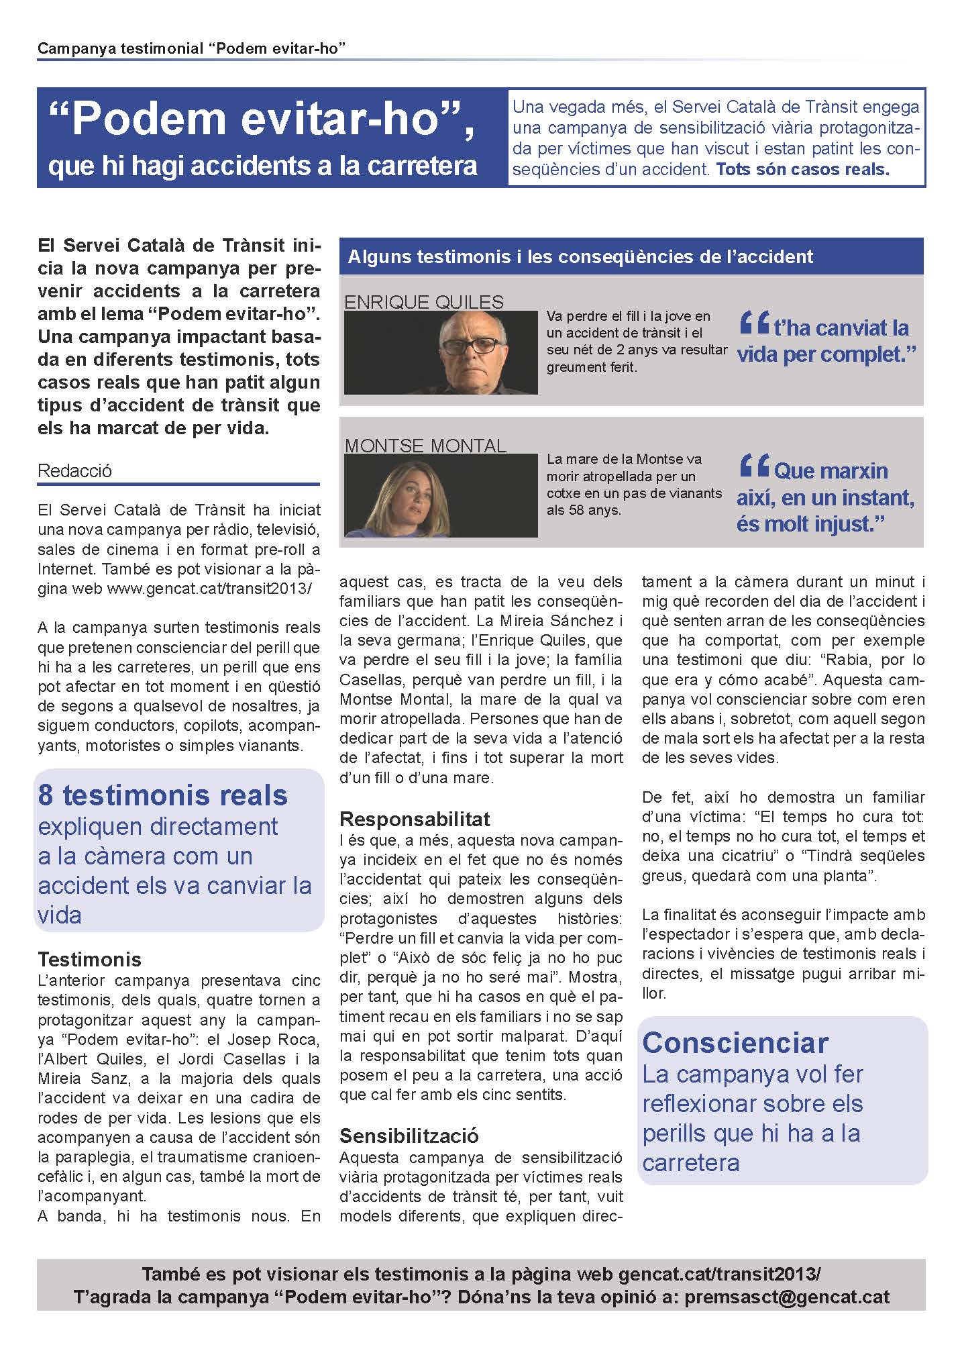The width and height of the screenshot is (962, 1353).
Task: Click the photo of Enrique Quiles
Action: (441, 352)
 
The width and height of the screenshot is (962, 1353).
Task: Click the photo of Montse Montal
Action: (441, 495)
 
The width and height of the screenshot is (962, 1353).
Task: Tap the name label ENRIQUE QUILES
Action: (423, 302)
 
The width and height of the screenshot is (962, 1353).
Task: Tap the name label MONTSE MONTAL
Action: (425, 446)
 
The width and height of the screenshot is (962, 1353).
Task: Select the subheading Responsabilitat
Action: (415, 819)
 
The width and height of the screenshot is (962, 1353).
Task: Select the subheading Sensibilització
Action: (409, 1136)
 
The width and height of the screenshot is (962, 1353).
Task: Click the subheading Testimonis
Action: (89, 958)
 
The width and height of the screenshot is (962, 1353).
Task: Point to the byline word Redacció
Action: (74, 470)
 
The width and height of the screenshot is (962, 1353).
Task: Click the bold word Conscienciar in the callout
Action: (735, 1042)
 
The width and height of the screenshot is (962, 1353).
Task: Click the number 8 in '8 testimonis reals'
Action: (46, 795)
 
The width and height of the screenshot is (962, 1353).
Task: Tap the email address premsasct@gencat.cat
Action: (787, 1297)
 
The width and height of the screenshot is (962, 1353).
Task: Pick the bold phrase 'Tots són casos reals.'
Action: (802, 169)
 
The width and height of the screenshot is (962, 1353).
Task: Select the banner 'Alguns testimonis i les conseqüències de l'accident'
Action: (580, 256)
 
